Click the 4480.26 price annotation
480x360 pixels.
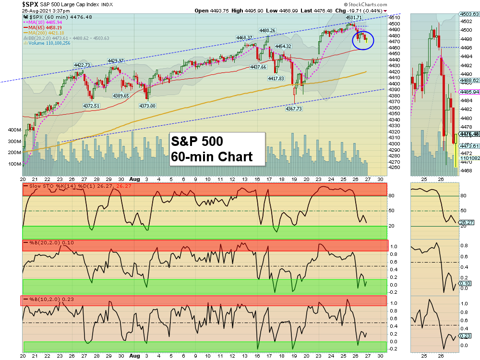(267, 30)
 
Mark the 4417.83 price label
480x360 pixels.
(276, 78)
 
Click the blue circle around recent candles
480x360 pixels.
(362, 39)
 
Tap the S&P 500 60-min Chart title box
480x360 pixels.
(217, 149)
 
